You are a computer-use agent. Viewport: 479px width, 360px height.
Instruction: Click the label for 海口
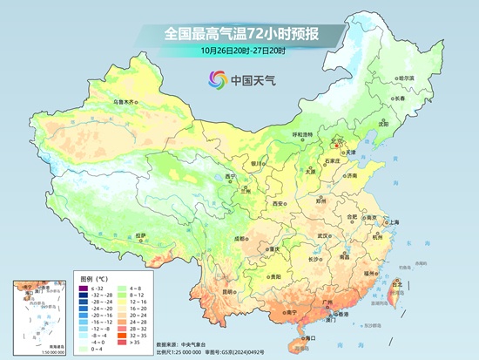pos(311,337)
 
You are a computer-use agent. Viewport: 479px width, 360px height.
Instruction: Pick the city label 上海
pos(394,222)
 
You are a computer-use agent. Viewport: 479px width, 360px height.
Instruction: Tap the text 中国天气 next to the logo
pos(253,80)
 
